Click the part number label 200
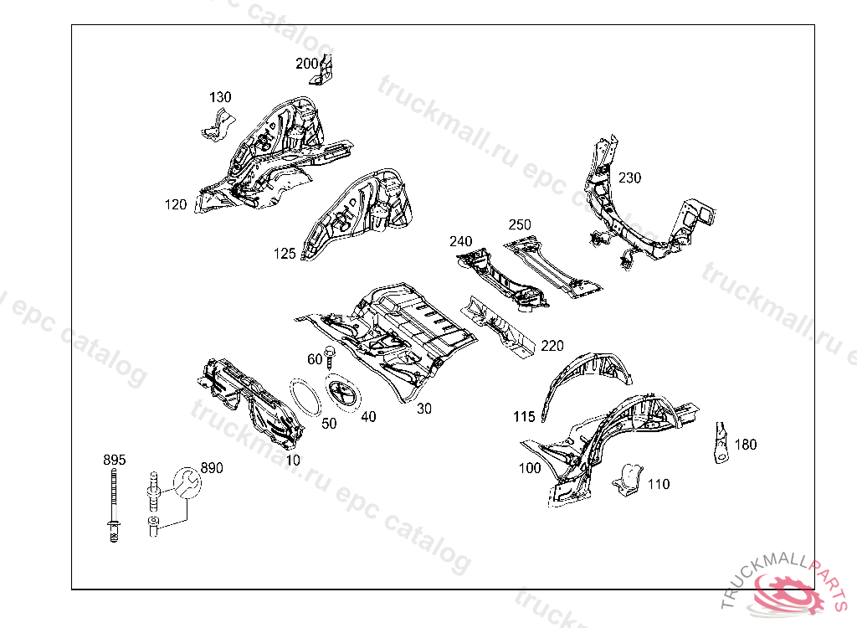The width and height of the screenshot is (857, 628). click(x=306, y=63)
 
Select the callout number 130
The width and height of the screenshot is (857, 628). click(x=220, y=98)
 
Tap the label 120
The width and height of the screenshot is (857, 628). click(x=176, y=204)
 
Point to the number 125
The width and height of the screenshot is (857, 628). click(x=285, y=254)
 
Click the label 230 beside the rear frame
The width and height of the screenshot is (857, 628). click(x=629, y=178)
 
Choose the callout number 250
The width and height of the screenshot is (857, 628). click(x=520, y=224)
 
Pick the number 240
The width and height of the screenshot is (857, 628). click(x=460, y=241)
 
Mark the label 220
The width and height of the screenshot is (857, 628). click(x=552, y=345)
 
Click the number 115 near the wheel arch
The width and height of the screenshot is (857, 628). click(x=524, y=416)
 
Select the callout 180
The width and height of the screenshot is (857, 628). click(x=745, y=445)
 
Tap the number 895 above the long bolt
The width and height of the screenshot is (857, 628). click(x=114, y=460)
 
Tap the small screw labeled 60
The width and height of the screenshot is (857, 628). click(x=331, y=357)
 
